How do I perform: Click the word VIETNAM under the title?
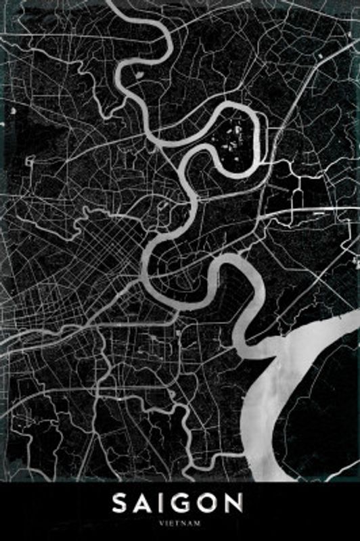click(179, 523)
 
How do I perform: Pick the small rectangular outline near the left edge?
click(30, 161)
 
